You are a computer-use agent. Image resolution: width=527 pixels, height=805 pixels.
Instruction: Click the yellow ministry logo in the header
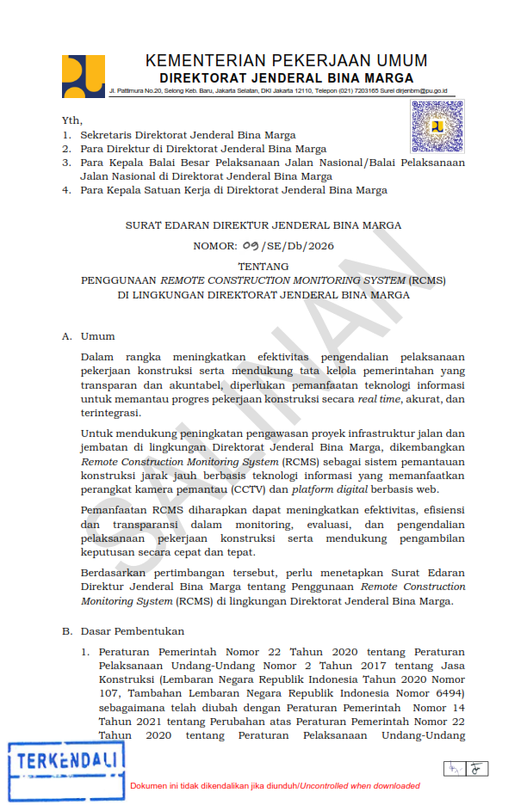[x=84, y=76]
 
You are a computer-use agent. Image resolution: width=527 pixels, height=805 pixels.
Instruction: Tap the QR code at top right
[x=437, y=126]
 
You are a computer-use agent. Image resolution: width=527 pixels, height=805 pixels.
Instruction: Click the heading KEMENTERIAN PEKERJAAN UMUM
[x=286, y=61]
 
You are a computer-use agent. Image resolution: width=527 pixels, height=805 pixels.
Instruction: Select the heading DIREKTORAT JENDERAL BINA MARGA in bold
[x=286, y=77]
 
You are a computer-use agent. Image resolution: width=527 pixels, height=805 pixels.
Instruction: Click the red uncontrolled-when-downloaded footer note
[x=275, y=786]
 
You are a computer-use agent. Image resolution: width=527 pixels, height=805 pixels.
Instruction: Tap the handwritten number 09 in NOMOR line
[x=251, y=246]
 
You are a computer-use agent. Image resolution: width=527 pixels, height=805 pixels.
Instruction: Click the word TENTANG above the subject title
[x=263, y=267]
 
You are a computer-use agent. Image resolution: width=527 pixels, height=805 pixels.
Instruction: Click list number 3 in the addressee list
[x=65, y=163]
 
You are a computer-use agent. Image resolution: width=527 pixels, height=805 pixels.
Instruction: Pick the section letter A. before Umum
[x=66, y=336]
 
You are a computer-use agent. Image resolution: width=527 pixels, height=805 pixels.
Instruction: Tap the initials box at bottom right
[x=466, y=767]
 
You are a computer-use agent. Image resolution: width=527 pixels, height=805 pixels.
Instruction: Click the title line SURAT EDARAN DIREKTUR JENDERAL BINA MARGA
[x=263, y=225]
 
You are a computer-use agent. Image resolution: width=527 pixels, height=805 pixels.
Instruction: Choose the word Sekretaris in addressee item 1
[x=108, y=135]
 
